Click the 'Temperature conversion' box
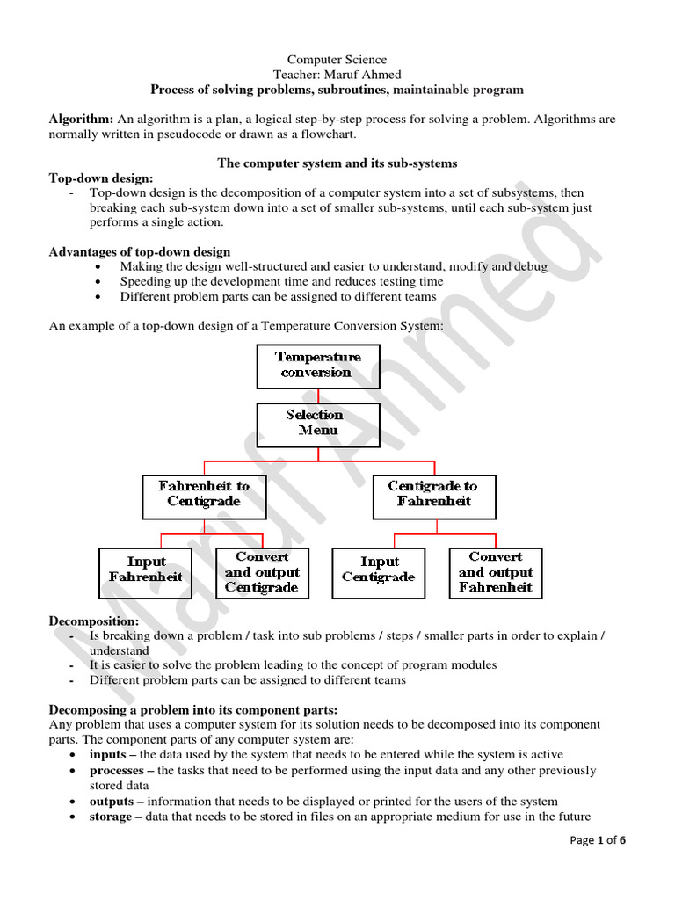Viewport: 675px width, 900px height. [318, 366]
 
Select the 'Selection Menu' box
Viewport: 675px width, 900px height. [318, 423]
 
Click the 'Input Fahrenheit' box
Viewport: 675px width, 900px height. [146, 569]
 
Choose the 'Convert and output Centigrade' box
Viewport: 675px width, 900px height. [261, 573]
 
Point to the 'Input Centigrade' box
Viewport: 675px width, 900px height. [378, 569]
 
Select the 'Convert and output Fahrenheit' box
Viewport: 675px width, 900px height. [496, 573]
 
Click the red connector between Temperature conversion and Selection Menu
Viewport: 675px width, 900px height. [318, 396]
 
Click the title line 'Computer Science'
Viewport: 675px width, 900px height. [337, 60]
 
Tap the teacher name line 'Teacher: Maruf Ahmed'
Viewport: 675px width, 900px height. [337, 75]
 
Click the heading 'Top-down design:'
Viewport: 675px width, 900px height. [101, 178]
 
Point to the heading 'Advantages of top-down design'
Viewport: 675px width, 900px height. [140, 252]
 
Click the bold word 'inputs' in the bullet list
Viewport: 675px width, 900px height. [107, 754]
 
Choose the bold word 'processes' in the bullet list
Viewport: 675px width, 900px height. [118, 770]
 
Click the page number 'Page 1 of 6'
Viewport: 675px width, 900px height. [598, 840]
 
